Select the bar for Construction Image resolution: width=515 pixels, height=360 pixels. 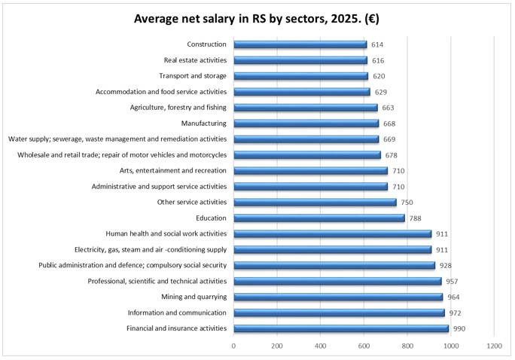click(300, 44)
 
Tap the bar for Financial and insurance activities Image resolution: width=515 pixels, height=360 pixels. click(340, 328)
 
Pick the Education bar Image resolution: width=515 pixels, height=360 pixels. click(318, 218)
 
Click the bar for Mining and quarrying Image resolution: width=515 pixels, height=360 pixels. click(338, 297)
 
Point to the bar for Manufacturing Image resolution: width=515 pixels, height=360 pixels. click(306, 124)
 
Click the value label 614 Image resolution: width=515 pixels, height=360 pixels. click(377, 45)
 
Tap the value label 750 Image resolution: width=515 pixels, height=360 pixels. click(407, 203)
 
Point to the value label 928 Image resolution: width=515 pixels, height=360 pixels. click(445, 266)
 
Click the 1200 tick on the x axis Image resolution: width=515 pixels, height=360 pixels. click(494, 346)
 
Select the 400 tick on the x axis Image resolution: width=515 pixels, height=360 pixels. click(321, 346)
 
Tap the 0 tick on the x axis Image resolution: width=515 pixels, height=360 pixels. click(233, 346)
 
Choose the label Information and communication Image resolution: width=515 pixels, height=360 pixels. click(177, 313)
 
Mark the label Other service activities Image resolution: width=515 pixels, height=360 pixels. click(191, 203)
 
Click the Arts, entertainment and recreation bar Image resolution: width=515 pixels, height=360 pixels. click(310, 171)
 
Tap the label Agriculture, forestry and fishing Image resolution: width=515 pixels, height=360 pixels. click(178, 108)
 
